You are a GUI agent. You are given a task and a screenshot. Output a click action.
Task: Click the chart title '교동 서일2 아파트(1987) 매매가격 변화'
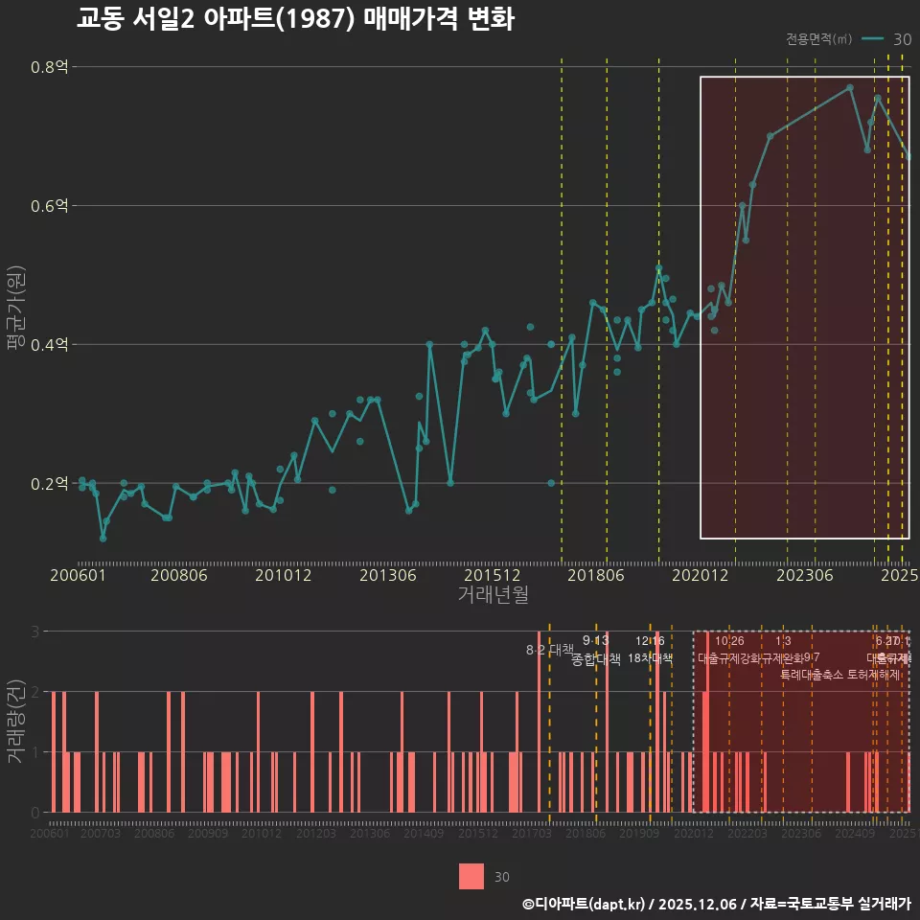click(x=295, y=19)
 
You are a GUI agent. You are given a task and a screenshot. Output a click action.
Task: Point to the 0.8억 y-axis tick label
click(x=51, y=67)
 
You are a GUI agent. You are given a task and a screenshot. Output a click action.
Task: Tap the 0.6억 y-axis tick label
click(x=51, y=206)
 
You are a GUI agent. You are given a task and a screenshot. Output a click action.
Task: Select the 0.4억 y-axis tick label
click(x=51, y=345)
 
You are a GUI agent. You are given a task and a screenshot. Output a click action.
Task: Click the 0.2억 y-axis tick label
click(x=51, y=483)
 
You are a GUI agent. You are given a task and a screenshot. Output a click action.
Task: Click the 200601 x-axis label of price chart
click(x=78, y=575)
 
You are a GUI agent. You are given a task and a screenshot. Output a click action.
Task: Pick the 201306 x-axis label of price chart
click(x=388, y=575)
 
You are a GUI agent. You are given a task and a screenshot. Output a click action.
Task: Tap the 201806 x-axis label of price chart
click(x=595, y=575)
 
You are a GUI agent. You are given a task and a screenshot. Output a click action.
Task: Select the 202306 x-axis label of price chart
click(x=803, y=575)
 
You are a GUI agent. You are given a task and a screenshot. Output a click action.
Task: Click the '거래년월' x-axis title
click(x=493, y=595)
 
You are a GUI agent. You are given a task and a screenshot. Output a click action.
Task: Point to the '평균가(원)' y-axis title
click(x=14, y=311)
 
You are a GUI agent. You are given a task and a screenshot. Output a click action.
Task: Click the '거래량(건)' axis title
click(x=14, y=722)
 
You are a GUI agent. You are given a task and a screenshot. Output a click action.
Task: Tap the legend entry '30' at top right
click(x=902, y=39)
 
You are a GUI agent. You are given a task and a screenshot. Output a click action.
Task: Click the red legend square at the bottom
click(x=471, y=877)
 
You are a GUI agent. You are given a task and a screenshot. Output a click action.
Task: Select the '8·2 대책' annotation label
click(x=549, y=650)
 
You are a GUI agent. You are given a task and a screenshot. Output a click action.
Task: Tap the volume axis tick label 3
click(x=35, y=632)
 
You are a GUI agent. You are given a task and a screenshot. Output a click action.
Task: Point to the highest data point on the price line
click(x=850, y=87)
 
